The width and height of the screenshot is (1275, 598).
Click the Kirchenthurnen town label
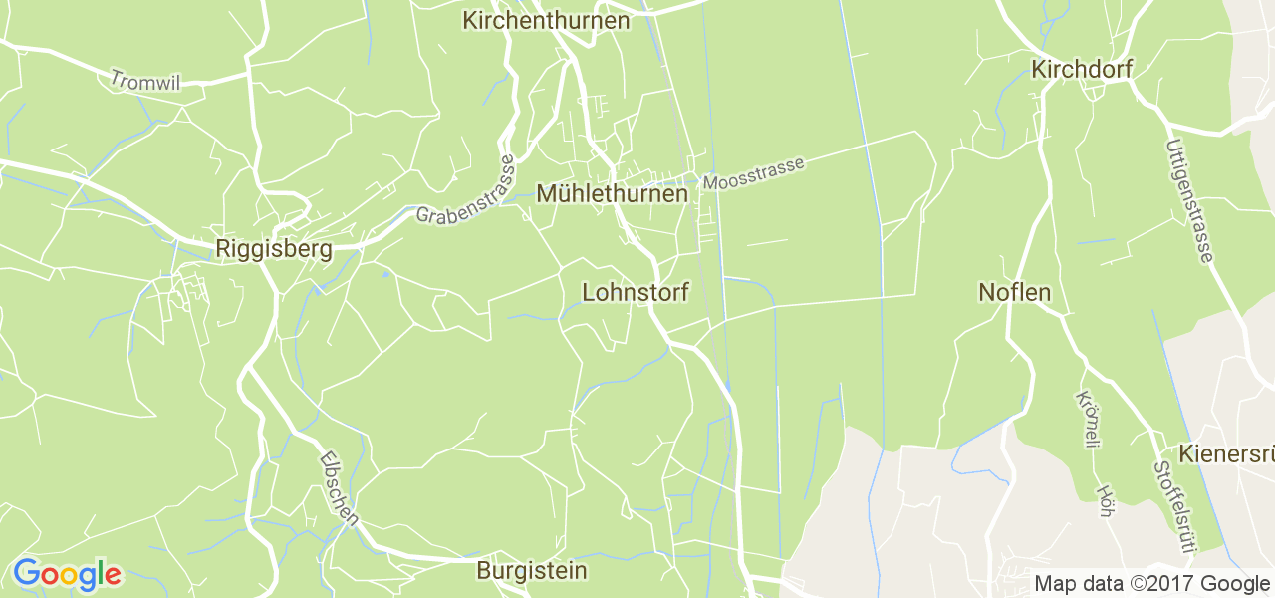click(x=546, y=20)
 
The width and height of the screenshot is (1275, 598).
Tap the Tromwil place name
click(x=145, y=81)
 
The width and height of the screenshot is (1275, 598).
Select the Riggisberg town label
click(x=274, y=250)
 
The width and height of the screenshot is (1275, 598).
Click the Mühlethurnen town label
click(x=612, y=194)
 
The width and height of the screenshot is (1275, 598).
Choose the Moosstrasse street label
click(x=753, y=174)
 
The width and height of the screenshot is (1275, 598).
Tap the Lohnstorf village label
click(x=636, y=293)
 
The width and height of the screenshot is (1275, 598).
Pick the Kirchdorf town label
click(x=1082, y=70)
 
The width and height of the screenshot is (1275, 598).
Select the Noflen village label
click(x=1014, y=293)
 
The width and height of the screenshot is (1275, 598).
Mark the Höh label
click(x=1104, y=501)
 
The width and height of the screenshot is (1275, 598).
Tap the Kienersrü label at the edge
click(x=1225, y=454)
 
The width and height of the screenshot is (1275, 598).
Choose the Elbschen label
click(x=340, y=488)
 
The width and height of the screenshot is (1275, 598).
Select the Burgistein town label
click(x=532, y=571)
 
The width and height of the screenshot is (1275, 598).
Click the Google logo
click(x=67, y=574)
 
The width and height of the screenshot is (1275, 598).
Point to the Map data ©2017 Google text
click(x=1151, y=584)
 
